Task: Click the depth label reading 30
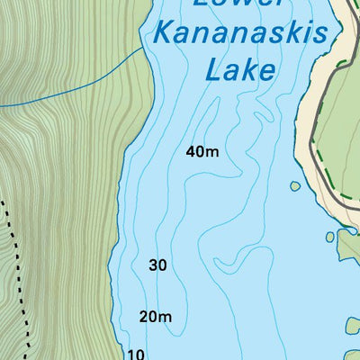click(157, 265)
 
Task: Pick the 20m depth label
click(156, 316)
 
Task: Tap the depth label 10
click(136, 354)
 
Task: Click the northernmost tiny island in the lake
click(294, 187)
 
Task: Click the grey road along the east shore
click(312, 135)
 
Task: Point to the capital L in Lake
click(213, 69)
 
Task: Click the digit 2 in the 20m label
click(145, 316)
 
